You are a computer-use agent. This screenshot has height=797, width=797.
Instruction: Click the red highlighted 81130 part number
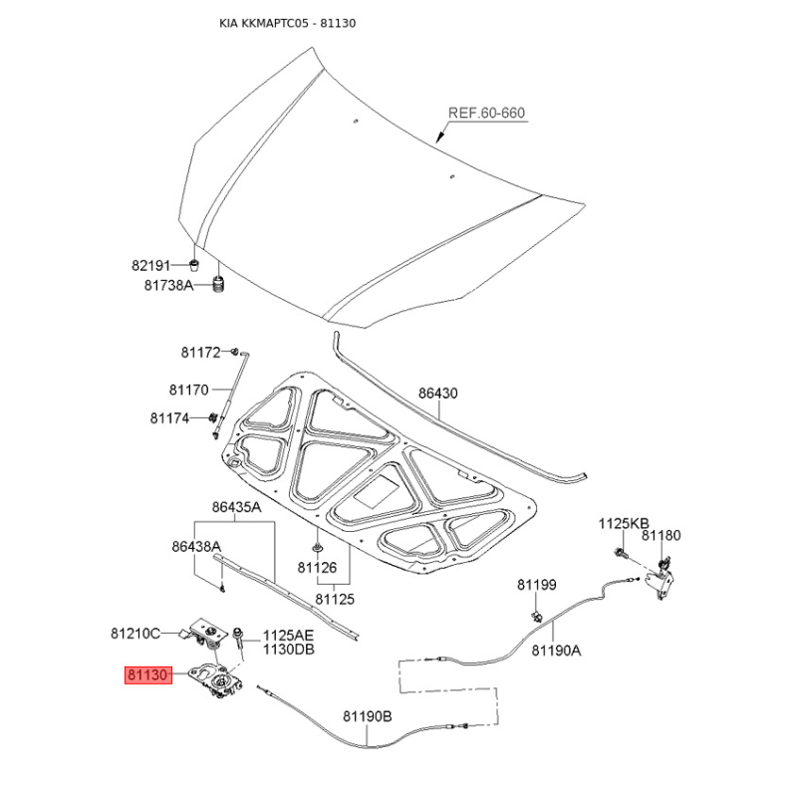148,675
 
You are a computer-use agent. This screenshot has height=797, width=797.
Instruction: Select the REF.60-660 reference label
486,113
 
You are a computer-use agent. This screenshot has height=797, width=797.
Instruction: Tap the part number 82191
151,265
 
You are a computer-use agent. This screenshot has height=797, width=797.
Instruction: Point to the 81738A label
168,285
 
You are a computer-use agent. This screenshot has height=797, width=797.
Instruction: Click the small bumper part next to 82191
193,265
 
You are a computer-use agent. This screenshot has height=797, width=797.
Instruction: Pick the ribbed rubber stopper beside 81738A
219,284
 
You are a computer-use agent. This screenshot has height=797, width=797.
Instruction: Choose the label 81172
201,353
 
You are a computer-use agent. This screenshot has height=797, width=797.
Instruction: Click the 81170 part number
189,390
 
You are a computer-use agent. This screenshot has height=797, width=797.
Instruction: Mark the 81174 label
169,418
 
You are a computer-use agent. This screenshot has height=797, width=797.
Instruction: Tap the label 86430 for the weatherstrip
438,393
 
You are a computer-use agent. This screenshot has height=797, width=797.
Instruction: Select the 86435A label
236,507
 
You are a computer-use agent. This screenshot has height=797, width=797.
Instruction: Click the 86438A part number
196,546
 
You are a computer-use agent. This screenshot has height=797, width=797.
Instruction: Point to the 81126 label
317,567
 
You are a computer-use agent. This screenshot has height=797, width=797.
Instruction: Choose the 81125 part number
335,599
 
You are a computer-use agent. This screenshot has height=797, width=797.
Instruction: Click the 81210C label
135,634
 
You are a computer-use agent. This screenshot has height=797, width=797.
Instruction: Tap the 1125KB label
624,524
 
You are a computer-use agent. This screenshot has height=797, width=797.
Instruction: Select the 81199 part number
537,585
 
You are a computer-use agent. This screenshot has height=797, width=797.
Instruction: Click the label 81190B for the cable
368,716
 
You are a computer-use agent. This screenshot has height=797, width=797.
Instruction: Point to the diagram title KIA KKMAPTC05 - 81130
288,23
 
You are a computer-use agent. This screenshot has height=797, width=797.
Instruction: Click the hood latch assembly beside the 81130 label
216,679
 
